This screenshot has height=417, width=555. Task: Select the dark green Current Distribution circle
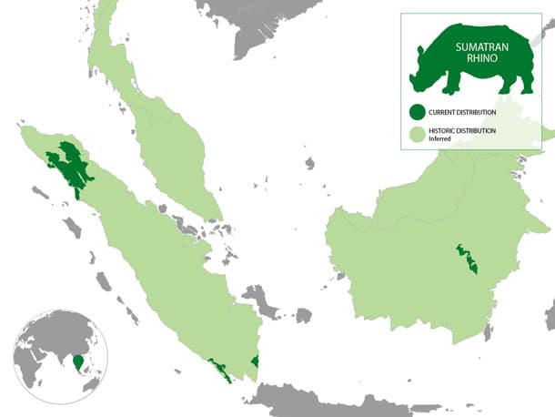coord(417,112)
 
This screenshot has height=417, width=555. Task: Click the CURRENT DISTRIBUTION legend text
coord(463,112)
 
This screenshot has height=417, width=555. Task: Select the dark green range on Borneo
coord(469,259)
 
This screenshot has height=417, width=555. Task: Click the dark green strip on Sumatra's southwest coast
coord(219,368)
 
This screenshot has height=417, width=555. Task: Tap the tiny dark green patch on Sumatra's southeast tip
coord(255,362)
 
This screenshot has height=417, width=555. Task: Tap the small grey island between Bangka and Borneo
coord(302,315)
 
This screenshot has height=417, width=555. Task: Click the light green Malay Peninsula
coord(164,137)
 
